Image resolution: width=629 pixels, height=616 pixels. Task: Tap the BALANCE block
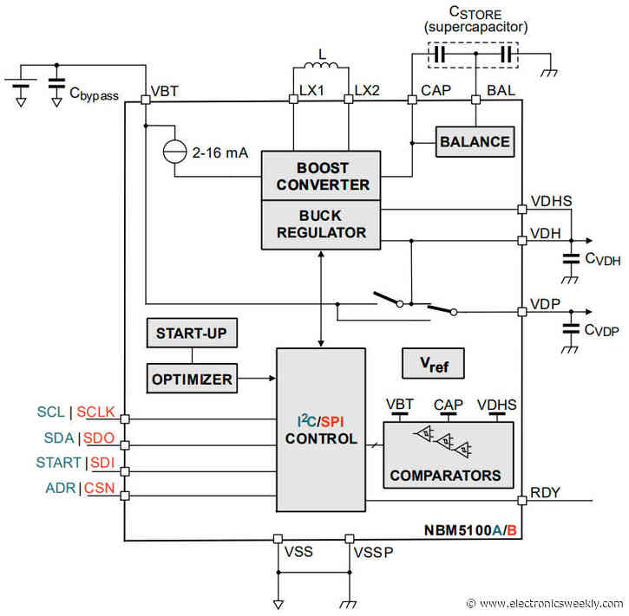click(474, 141)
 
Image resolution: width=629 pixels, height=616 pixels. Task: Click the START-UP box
click(191, 333)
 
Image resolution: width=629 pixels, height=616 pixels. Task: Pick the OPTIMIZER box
click(191, 379)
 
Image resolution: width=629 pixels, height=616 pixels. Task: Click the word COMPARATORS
click(445, 475)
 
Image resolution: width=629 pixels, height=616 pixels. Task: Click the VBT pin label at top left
click(165, 91)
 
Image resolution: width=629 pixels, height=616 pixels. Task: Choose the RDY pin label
click(544, 493)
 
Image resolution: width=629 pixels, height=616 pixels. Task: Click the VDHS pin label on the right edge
click(549, 201)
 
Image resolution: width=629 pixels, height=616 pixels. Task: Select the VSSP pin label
click(371, 551)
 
